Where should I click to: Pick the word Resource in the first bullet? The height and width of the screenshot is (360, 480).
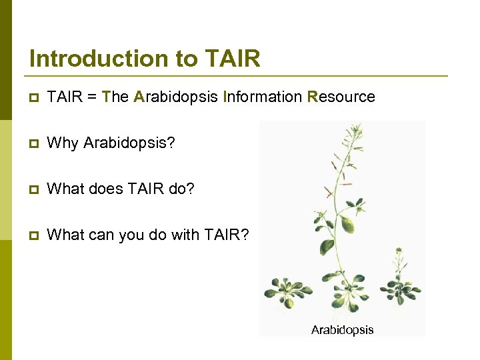point(341,97)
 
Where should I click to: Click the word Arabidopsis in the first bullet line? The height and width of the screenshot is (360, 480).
point(175,97)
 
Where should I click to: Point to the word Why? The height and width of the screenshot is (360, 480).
point(63,143)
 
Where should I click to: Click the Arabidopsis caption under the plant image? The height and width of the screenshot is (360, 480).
point(342,329)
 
